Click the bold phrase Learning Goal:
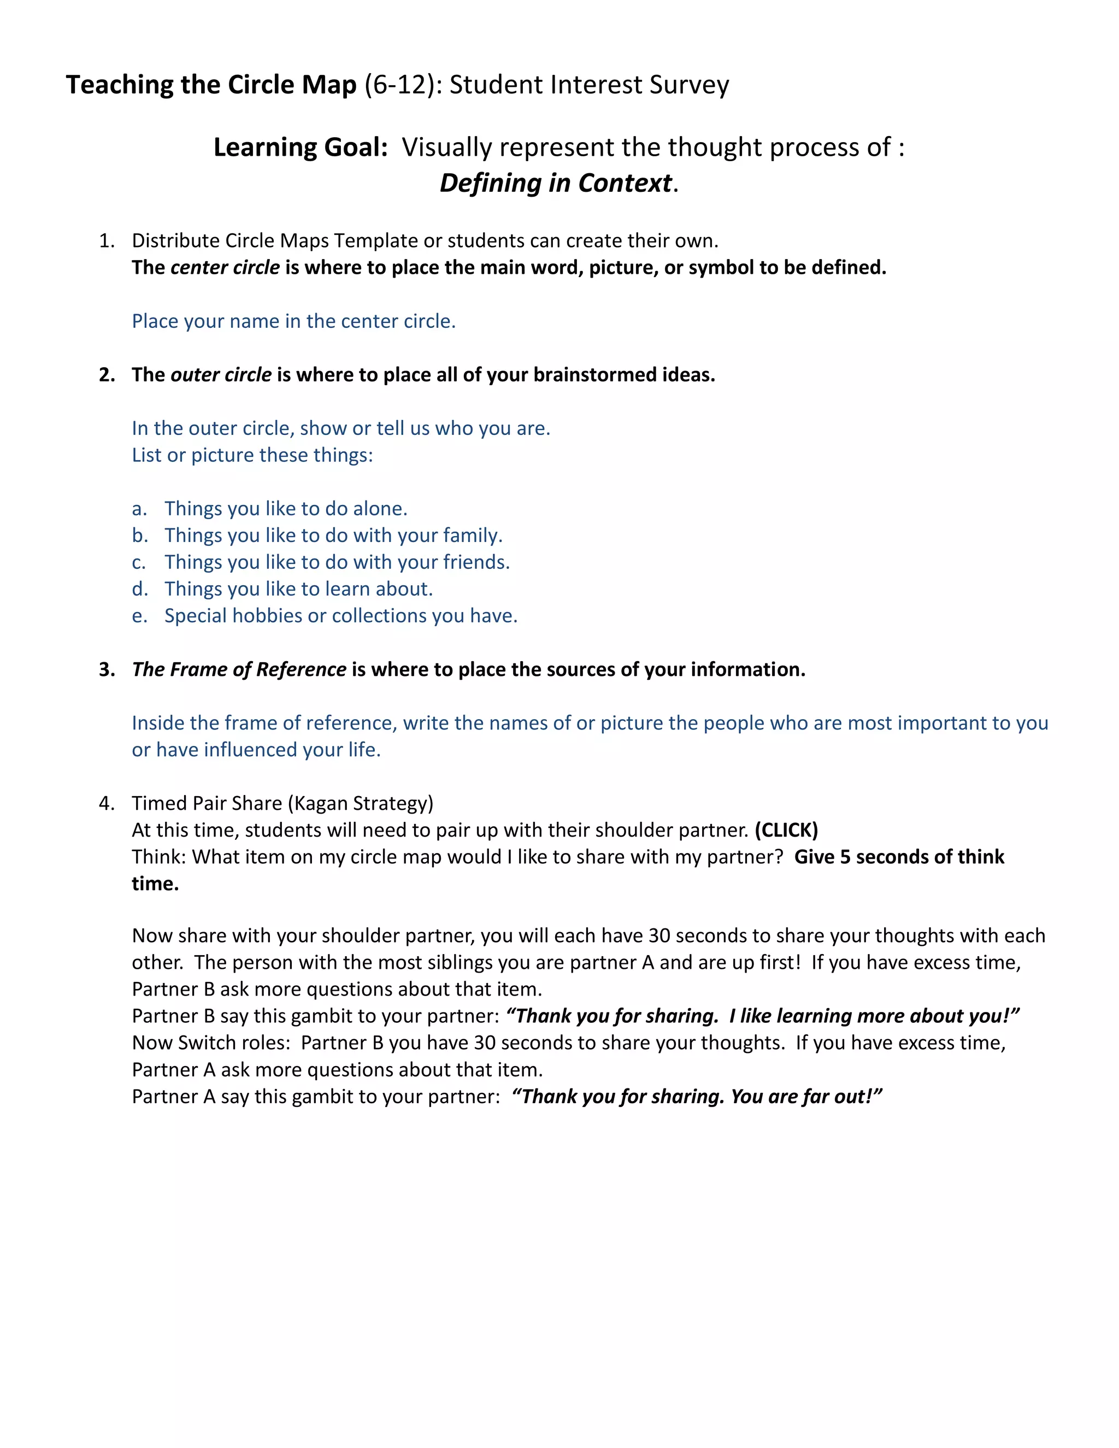[301, 147]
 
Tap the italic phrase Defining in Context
[556, 183]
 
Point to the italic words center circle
[225, 267]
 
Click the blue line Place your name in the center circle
[293, 321]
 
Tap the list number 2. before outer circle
[106, 375]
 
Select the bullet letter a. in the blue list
[139, 509]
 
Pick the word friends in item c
[475, 562]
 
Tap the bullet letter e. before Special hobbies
[139, 616]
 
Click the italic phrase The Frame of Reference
[239, 670]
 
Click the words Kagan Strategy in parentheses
[360, 804]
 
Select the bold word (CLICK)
[786, 830]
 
